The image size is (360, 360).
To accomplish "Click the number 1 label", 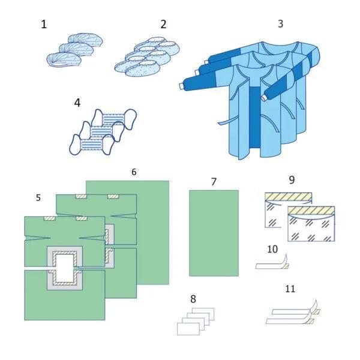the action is pyautogui.click(x=44, y=24).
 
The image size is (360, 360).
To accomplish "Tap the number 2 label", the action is pyautogui.click(x=163, y=24).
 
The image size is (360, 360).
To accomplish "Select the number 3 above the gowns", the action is pyautogui.click(x=280, y=23).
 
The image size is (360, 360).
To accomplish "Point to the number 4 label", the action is pyautogui.click(x=77, y=103).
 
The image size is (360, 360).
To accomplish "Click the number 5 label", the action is pyautogui.click(x=38, y=197).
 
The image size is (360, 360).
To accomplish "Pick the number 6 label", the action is pyautogui.click(x=134, y=172).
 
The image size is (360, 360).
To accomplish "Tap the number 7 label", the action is pyautogui.click(x=214, y=182).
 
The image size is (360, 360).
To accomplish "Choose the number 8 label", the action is pyautogui.click(x=193, y=299).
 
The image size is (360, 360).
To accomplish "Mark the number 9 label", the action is pyautogui.click(x=292, y=180).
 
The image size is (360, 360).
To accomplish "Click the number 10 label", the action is pyautogui.click(x=272, y=249).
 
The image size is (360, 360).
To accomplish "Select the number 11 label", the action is pyautogui.click(x=290, y=289).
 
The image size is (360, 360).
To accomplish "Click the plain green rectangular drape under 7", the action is pyautogui.click(x=214, y=233).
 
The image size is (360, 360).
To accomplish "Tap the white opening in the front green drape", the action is pyautogui.click(x=65, y=269).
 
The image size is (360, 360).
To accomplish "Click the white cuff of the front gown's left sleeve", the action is pyautogui.click(x=182, y=86).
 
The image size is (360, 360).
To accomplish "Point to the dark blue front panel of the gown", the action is pyautogui.click(x=254, y=117).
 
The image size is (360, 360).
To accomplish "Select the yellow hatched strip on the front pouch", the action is pyautogui.click(x=311, y=210).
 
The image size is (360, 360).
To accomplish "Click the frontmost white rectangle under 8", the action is pyautogui.click(x=188, y=329).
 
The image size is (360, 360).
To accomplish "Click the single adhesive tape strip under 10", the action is pyautogui.click(x=272, y=263).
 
